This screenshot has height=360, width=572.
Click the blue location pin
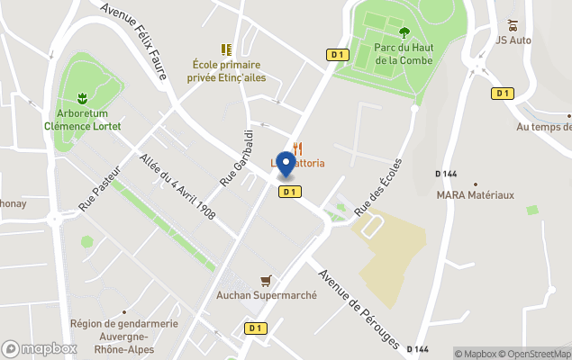click(286, 164)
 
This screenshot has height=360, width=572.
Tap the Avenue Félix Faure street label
click(135, 40)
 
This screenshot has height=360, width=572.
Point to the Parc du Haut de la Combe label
click(404, 54)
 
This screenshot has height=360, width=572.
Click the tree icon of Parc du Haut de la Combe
click(403, 34)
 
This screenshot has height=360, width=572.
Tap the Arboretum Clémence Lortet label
click(83, 120)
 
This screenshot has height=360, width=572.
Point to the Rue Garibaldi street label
click(237, 157)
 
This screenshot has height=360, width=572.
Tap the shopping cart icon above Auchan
click(265, 281)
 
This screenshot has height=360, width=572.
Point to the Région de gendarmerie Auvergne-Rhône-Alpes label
click(110, 336)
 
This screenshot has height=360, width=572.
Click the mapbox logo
click(40, 348)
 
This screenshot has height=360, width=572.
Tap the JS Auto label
click(515, 39)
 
